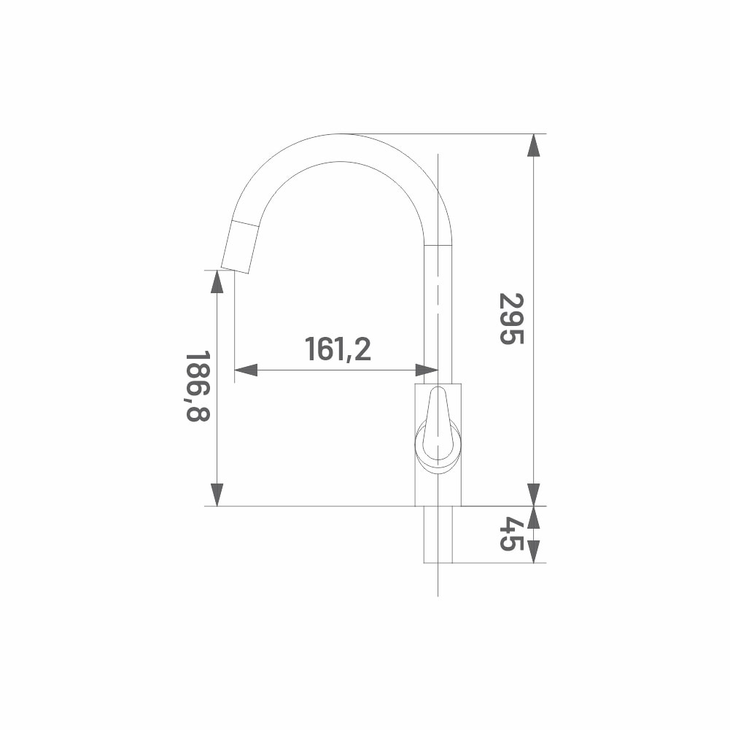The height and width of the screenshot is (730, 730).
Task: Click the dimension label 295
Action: (x=512, y=319)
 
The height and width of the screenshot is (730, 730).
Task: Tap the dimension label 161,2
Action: (x=338, y=349)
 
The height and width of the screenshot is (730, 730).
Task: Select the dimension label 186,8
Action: (x=198, y=387)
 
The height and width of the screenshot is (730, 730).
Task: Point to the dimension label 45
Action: (x=512, y=534)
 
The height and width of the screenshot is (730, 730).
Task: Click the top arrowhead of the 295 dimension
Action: (x=534, y=145)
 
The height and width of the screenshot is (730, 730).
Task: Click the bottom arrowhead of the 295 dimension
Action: (x=534, y=494)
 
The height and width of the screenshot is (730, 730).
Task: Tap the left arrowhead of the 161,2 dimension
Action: (x=245, y=370)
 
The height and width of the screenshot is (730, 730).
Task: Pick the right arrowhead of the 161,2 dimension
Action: (x=427, y=370)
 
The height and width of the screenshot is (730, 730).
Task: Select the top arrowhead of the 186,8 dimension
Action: (x=217, y=281)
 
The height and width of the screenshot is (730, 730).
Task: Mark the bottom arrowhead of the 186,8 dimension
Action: (x=217, y=494)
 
